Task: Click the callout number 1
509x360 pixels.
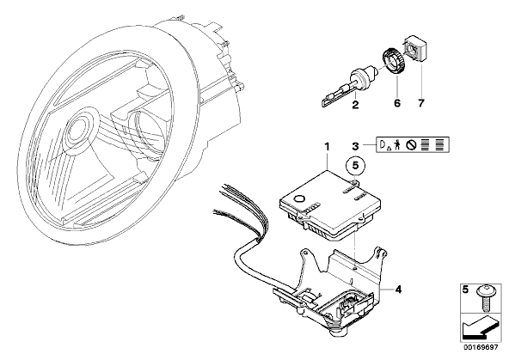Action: [328, 147]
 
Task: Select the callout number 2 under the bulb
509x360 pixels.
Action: [355, 105]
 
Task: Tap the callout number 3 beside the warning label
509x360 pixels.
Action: [355, 146]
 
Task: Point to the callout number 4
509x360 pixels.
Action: [398, 289]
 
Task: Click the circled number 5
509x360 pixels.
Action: [355, 166]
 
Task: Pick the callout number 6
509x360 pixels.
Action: [397, 103]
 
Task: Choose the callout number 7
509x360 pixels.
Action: [420, 103]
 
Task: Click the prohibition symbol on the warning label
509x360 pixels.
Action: [411, 145]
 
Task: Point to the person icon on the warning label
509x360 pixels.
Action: [396, 144]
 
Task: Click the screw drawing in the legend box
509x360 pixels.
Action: [485, 299]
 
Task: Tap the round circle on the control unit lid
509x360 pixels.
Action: [299, 199]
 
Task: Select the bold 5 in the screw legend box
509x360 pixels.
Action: [465, 290]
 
